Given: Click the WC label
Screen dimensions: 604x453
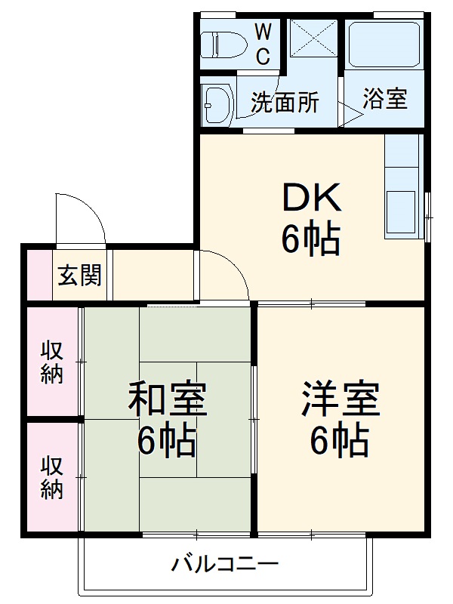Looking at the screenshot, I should [x=263, y=44].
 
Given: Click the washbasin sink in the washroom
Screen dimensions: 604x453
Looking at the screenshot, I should [x=217, y=103].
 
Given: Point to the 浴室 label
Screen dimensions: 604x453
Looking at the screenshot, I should [x=385, y=99].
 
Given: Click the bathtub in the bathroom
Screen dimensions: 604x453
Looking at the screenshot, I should [x=384, y=45].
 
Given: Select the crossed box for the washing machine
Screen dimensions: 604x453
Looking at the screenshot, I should [x=313, y=38].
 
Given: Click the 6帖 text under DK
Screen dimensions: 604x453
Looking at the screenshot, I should [x=311, y=240].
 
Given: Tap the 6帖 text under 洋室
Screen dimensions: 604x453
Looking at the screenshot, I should [x=340, y=441].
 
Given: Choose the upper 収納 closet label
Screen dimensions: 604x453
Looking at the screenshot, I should [x=52, y=362].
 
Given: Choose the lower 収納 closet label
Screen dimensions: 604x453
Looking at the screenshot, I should [x=52, y=477].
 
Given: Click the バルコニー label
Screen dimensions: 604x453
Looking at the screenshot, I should [x=225, y=563].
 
